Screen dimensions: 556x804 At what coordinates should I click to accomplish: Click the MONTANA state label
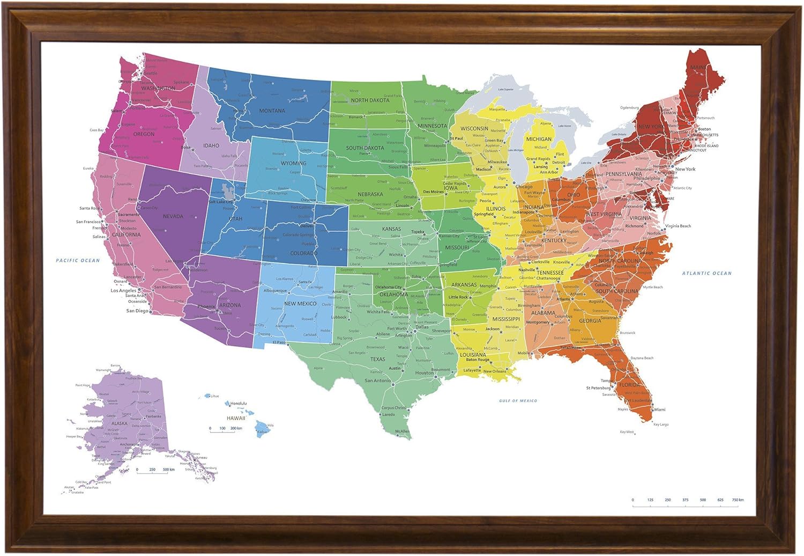point(272,111)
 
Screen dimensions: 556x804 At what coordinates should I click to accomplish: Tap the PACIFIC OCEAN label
point(78,260)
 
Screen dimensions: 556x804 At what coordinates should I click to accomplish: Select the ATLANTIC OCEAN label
point(706,273)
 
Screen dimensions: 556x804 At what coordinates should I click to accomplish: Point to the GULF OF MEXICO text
point(518,401)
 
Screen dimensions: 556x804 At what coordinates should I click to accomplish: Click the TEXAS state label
point(377,359)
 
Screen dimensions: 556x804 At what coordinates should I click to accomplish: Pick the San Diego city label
point(137,311)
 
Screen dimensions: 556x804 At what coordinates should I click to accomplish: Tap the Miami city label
point(659,409)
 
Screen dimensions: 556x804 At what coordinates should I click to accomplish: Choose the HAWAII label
point(235,418)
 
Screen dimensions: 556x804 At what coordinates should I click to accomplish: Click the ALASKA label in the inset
point(119,423)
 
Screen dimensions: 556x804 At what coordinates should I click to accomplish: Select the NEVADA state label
point(173,216)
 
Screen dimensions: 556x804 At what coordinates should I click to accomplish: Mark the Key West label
point(627,432)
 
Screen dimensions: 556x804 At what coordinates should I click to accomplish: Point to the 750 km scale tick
point(738,500)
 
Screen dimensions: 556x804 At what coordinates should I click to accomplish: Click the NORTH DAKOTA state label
point(370,100)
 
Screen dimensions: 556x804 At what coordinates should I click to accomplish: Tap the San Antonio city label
point(377,381)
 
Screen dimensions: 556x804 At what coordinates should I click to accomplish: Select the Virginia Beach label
point(678,226)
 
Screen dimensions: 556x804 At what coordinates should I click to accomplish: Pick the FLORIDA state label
point(629,385)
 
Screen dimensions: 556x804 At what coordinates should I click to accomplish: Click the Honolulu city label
point(239,403)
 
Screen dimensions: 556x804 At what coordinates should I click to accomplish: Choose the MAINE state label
point(698,68)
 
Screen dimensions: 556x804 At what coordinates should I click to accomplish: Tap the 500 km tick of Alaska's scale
point(168,470)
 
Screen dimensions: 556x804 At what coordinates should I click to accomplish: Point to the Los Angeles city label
point(123,290)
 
